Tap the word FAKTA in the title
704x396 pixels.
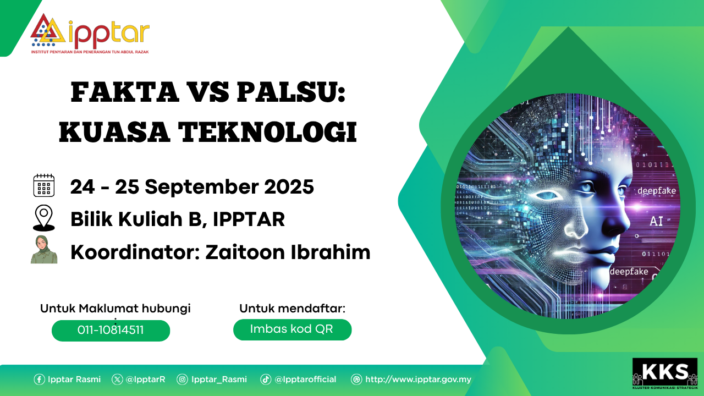125,92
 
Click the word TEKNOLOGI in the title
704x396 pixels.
267,132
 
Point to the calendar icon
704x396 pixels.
43,185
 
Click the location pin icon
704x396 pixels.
43,218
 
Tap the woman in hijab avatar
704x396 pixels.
44,249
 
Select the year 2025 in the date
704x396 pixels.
289,186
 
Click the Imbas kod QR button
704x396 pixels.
292,329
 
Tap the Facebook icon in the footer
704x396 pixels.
39,380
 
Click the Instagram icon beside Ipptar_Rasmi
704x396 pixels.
182,380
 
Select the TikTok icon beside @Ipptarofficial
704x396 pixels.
266,380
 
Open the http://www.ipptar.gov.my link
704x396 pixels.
419,380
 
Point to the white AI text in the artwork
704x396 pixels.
656,221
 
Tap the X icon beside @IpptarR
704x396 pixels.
117,380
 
